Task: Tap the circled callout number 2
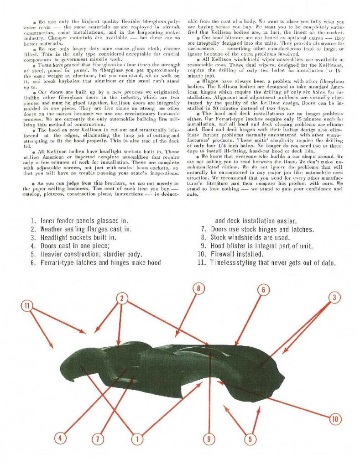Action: (x=122, y=298)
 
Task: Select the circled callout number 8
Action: (x=198, y=288)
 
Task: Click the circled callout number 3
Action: (x=334, y=298)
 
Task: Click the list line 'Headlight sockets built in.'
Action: (x=78, y=237)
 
